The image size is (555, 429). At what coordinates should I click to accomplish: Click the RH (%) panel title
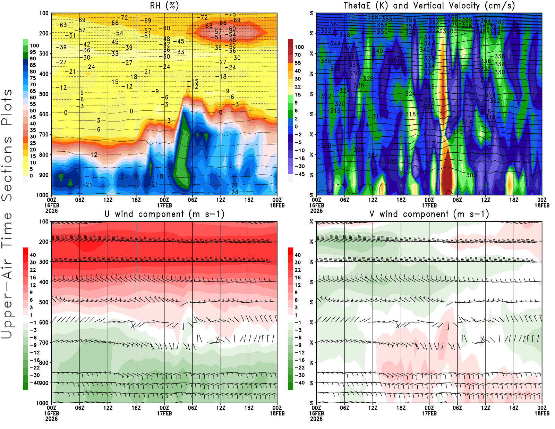[164, 6]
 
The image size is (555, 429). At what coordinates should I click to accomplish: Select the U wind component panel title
[164, 214]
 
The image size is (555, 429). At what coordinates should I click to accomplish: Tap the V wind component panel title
[429, 214]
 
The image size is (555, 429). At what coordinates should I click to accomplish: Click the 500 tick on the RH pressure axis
[44, 94]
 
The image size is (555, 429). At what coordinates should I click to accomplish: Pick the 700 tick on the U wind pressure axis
[44, 343]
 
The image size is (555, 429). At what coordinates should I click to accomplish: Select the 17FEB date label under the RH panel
[164, 205]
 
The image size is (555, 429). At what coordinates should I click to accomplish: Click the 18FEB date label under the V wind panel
[542, 413]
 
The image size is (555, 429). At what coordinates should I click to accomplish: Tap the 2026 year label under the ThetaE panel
[316, 211]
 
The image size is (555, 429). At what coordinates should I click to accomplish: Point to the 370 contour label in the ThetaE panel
[350, 16]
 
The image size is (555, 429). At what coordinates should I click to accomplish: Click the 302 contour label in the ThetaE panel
[392, 162]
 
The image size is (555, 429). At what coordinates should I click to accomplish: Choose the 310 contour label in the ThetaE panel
[458, 132]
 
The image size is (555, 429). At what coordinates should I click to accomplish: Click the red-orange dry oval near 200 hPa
[231, 32]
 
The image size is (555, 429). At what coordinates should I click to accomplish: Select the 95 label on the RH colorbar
[33, 52]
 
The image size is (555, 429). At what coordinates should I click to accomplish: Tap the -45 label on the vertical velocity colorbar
[299, 174]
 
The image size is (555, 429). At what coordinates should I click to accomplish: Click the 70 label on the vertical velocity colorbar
[298, 55]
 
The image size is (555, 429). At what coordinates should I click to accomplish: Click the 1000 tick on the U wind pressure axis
[43, 403]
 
